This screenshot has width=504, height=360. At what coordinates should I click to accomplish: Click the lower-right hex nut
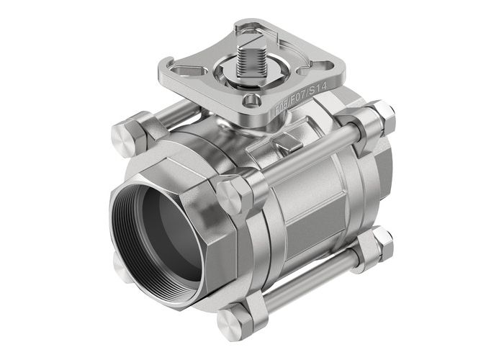(382, 245)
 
